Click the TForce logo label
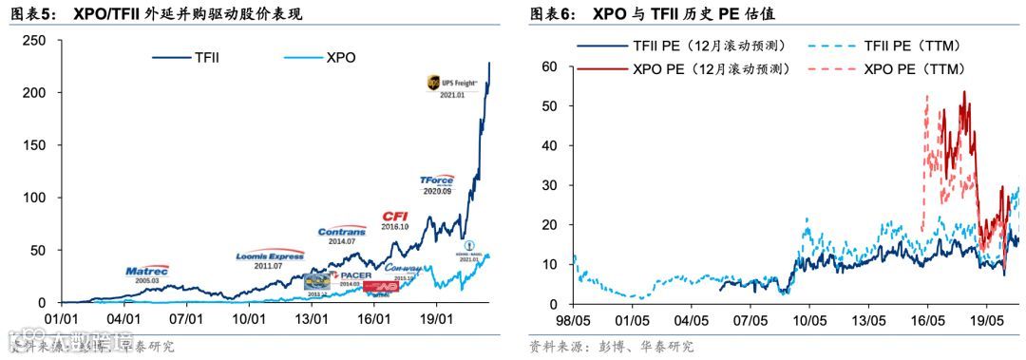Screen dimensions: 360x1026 (x=437, y=180)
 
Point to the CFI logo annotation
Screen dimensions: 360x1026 (x=394, y=217)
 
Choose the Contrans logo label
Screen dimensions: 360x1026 (x=342, y=231)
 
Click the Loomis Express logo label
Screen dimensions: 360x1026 (x=270, y=256)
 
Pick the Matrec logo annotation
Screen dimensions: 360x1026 (x=147, y=271)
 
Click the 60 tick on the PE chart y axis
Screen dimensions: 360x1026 (x=549, y=66)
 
